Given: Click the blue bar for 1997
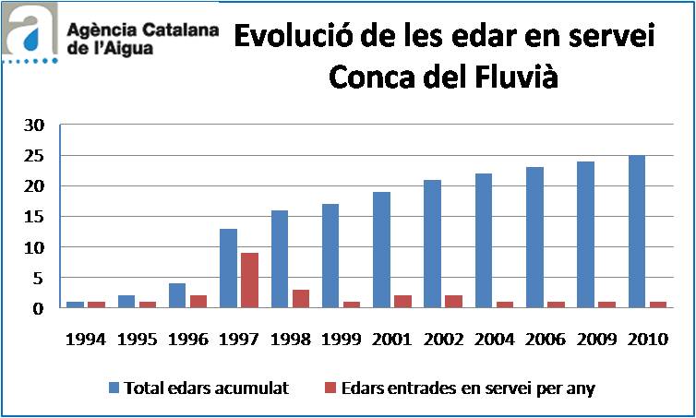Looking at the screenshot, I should click(227, 269).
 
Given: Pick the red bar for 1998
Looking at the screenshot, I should click(299, 299).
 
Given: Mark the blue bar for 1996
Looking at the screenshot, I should click(177, 296).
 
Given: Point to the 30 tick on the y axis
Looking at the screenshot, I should click(34, 125).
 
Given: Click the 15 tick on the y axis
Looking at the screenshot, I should click(34, 217).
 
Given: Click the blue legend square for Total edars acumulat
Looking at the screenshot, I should click(114, 388).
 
